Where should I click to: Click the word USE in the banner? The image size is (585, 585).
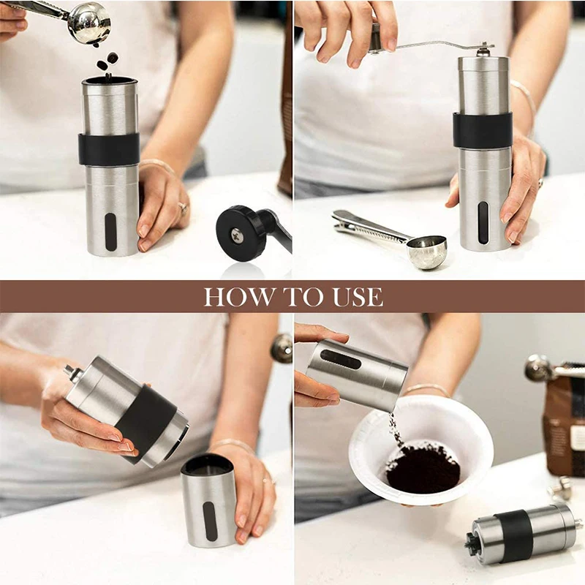(x=356, y=296)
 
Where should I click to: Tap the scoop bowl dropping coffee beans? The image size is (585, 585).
(x=89, y=23)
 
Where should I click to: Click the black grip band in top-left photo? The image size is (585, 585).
(x=109, y=148)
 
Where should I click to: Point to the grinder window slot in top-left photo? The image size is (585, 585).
(x=110, y=232)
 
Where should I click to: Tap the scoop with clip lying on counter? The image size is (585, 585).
(x=426, y=252)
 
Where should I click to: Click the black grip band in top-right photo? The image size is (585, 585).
(x=483, y=130)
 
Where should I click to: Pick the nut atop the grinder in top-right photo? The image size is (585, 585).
(x=483, y=50)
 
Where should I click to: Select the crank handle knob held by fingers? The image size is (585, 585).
(x=375, y=39)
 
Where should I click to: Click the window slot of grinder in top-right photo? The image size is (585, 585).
(x=483, y=222)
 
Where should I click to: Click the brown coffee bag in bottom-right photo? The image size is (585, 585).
(x=565, y=424)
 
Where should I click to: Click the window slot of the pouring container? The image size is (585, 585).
(x=341, y=359)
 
